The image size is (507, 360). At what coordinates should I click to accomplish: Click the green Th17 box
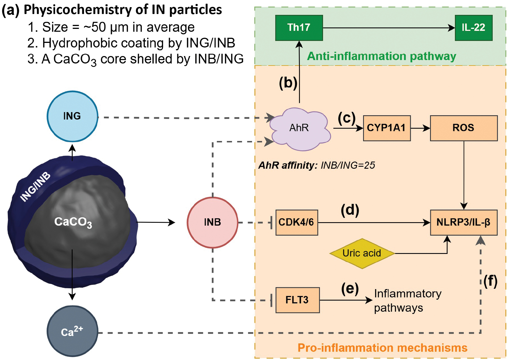click(x=299, y=28)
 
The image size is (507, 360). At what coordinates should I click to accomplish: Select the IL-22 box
click(x=474, y=28)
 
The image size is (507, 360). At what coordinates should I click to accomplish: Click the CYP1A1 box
click(x=387, y=128)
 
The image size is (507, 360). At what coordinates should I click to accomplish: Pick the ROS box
click(x=464, y=128)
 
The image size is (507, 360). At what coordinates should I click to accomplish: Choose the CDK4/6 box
click(x=296, y=222)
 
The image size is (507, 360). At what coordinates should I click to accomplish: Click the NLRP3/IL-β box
click(x=464, y=222)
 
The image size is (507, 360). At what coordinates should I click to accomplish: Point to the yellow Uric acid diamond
click(x=362, y=253)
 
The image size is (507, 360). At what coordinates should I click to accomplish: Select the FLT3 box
click(x=297, y=300)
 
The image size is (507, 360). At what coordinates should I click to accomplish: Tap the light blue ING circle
click(x=72, y=116)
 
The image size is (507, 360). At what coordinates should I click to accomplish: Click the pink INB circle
click(x=213, y=222)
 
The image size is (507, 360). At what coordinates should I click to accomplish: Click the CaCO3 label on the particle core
click(x=73, y=222)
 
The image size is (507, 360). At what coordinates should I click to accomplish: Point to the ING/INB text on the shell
click(x=35, y=187)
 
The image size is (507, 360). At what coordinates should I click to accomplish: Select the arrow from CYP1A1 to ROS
click(x=420, y=128)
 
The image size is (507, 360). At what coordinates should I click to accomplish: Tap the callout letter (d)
click(x=350, y=210)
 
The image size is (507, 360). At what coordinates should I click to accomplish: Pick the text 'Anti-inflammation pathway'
click(x=381, y=56)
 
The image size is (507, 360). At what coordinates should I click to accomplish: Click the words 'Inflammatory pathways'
click(x=407, y=301)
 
